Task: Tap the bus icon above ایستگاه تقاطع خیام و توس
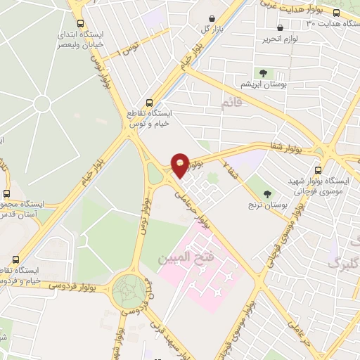148,101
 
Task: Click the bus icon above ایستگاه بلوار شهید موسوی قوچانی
319,170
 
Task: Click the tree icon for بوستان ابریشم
262,72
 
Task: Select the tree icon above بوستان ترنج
266,194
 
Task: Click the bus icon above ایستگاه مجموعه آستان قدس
7,193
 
